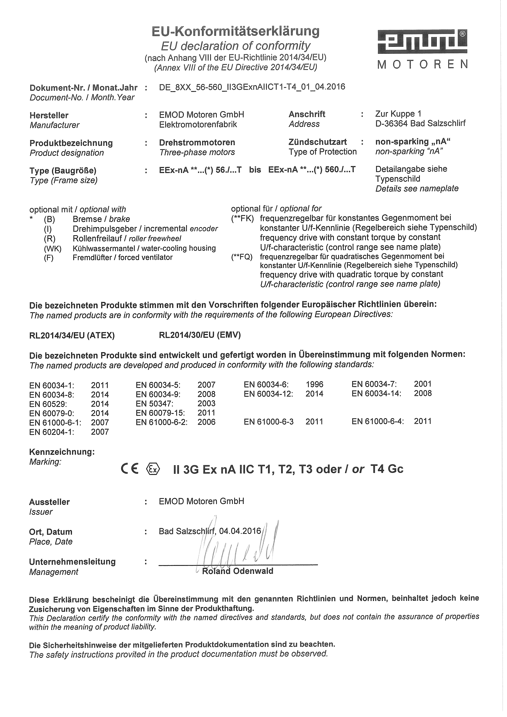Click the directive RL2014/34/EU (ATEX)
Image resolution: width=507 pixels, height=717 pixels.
click(72, 335)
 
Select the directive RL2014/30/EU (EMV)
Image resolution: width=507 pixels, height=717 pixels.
click(200, 335)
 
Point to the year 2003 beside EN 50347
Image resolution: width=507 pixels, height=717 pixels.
click(206, 403)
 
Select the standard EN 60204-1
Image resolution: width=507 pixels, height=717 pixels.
click(52, 432)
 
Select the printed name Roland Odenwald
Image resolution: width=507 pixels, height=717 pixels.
click(238, 571)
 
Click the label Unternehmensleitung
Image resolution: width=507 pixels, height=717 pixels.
click(72, 561)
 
